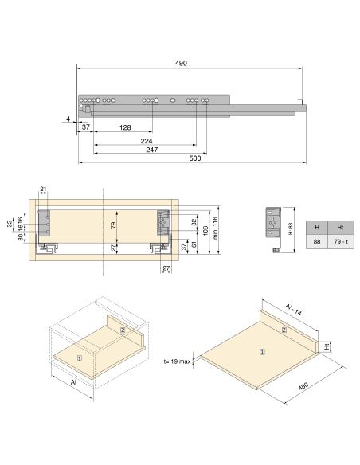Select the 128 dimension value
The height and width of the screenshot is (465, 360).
[x=125, y=127]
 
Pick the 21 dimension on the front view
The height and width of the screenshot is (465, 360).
[x=44, y=190]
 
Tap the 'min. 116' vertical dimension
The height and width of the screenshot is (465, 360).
[x=215, y=229]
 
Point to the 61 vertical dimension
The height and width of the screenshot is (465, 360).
[x=194, y=243]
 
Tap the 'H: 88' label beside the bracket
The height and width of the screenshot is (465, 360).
[x=291, y=229]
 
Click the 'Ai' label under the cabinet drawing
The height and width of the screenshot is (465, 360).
[x=73, y=382]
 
